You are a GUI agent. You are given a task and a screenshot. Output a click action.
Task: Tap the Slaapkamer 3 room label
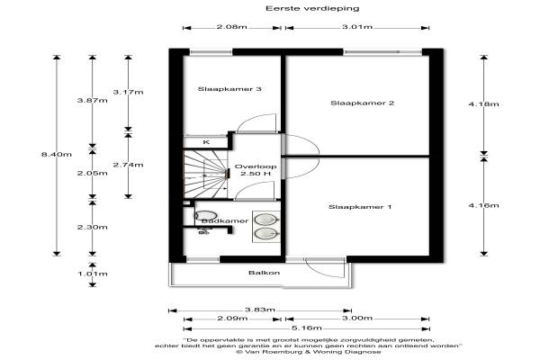tap(229, 89)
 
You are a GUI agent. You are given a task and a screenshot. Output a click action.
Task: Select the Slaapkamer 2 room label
tap(363, 103)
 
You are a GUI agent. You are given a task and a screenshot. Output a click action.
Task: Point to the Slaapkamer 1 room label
tap(360, 208)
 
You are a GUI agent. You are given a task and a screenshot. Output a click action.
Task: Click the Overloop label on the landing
tap(256, 167)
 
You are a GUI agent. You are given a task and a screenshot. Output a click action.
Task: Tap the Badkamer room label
tap(224, 220)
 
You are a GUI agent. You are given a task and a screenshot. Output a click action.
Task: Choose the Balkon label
tap(265, 273)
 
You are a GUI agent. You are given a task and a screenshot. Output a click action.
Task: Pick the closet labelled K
tap(206, 141)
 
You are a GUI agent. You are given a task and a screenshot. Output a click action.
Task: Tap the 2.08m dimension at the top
tap(232, 27)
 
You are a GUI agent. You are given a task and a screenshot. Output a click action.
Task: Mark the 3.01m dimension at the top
tap(357, 27)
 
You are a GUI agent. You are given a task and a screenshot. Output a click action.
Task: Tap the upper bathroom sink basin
tap(265, 219)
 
